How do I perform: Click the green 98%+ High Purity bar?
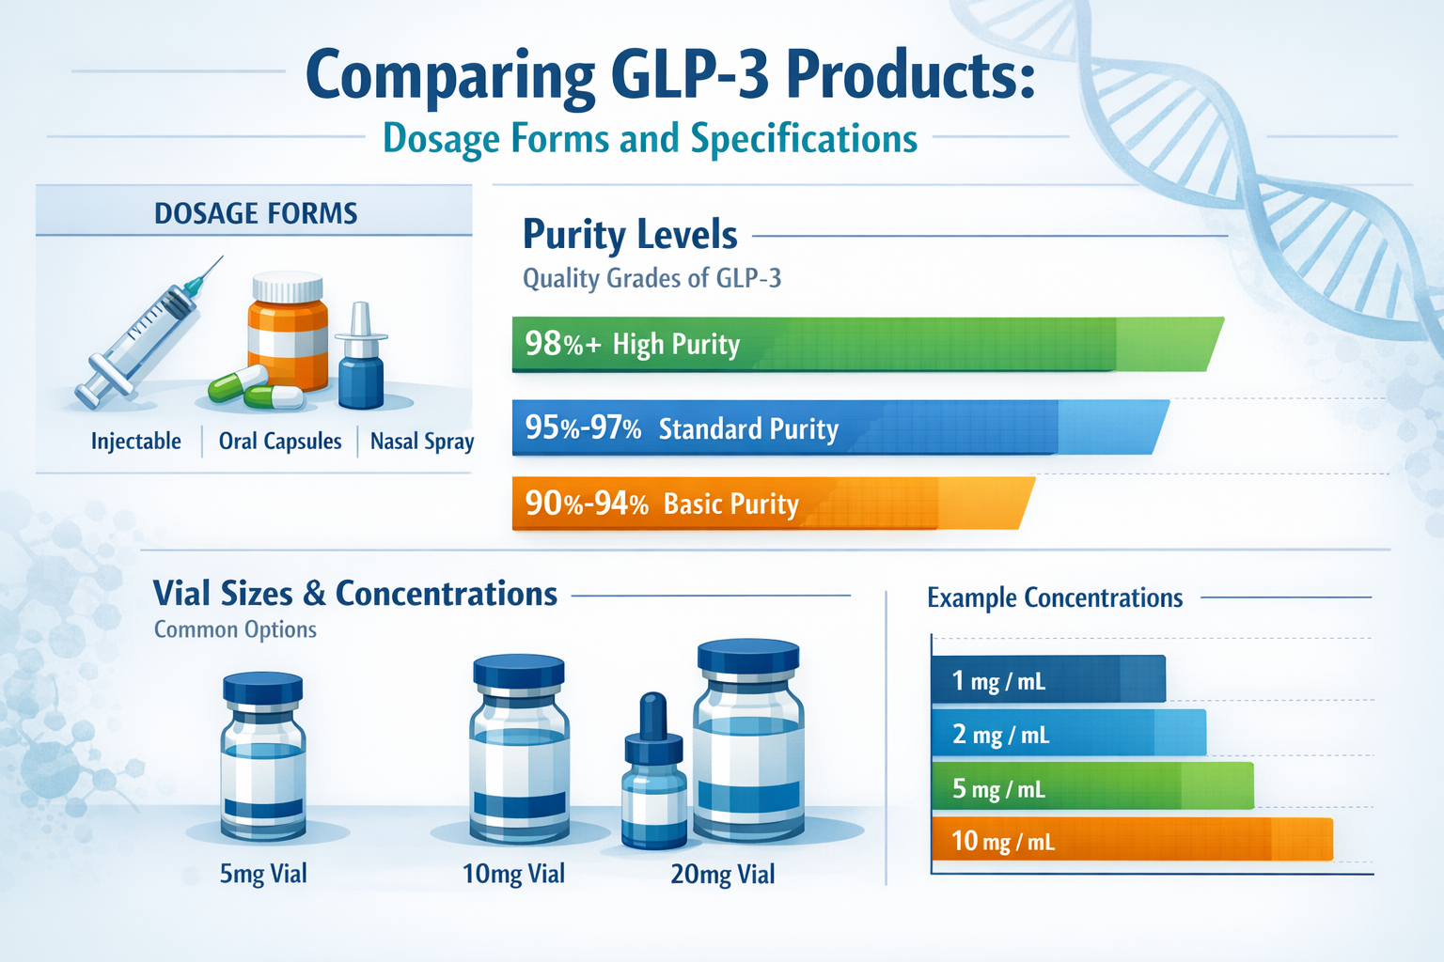(x=865, y=344)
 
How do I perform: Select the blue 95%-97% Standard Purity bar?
(x=837, y=427)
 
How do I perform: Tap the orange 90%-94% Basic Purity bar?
(x=771, y=504)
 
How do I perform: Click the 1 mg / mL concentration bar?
(x=1047, y=679)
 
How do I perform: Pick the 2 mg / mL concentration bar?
(x=1068, y=733)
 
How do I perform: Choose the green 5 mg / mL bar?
(x=1091, y=787)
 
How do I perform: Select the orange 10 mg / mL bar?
(x=1131, y=840)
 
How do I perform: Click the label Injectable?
(x=136, y=442)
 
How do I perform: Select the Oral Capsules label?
(x=280, y=442)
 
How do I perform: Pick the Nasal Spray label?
(x=422, y=442)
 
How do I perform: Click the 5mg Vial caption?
(x=263, y=875)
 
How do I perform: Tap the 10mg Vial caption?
(x=513, y=875)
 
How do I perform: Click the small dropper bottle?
(x=654, y=775)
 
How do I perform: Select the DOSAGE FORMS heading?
(x=256, y=213)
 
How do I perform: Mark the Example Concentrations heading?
(x=1055, y=598)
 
